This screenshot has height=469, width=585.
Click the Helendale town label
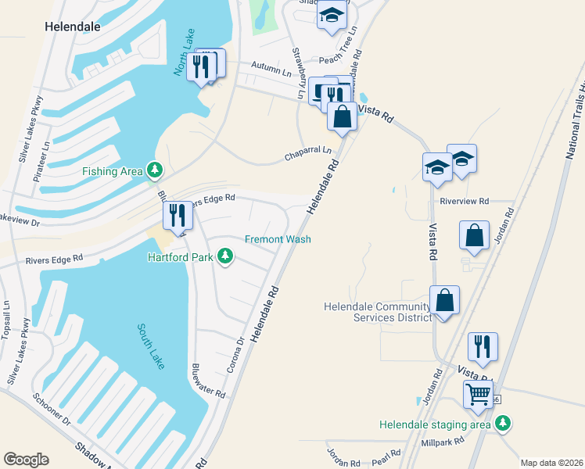click(72, 26)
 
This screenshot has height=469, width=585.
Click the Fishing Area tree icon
click(155, 170)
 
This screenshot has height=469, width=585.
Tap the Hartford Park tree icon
click(225, 256)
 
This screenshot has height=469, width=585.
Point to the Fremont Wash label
click(278, 239)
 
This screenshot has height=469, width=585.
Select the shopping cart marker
click(478, 395)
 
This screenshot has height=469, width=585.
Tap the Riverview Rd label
click(464, 201)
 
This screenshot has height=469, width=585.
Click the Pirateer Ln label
click(46, 157)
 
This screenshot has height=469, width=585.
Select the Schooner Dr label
click(52, 409)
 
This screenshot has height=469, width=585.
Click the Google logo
click(26, 460)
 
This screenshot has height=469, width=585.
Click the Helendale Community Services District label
click(377, 312)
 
